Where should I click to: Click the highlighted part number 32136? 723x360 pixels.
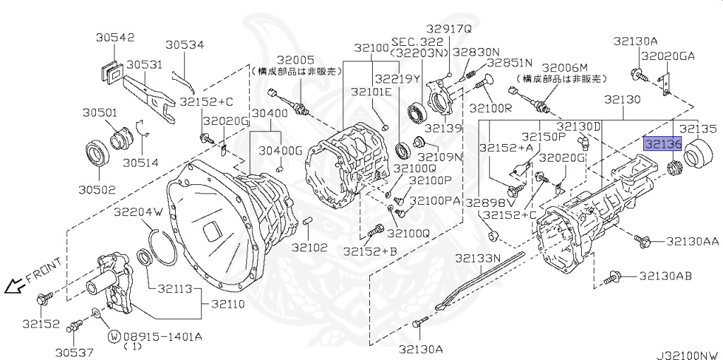coord(662,143)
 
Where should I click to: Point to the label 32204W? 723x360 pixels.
coord(138,211)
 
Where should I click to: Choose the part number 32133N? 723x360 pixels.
coord(477,258)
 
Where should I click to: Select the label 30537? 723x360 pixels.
coord(74,349)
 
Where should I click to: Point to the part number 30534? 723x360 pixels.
coord(185,45)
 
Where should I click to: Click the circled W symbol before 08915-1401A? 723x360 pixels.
coord(112,336)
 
